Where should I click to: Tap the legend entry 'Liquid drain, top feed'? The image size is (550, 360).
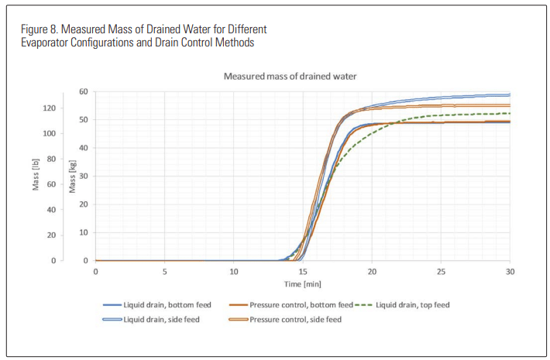411,305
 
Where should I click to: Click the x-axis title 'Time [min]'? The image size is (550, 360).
302,284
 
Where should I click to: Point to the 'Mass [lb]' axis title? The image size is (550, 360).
36,177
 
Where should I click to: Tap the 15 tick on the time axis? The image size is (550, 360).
303,272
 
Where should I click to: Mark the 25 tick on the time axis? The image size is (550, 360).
441,272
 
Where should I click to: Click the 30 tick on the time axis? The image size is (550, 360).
510,272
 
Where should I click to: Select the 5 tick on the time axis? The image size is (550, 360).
164,272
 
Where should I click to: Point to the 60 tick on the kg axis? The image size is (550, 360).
82,91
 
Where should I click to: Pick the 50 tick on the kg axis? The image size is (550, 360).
82,119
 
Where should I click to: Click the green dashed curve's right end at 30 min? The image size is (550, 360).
509,114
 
